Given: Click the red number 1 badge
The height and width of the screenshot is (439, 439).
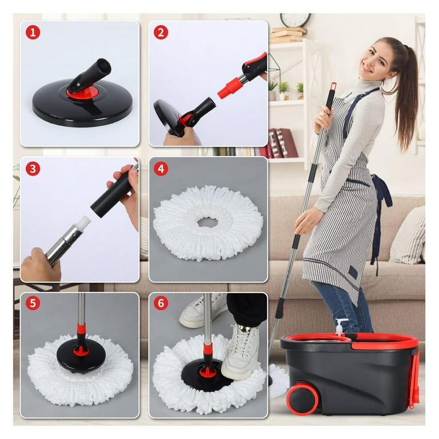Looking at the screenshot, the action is click(x=33, y=33).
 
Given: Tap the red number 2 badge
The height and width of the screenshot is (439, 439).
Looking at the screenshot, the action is click(x=161, y=33).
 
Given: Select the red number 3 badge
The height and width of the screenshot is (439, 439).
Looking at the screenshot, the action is click(x=33, y=169).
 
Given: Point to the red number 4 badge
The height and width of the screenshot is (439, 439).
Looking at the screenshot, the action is click(x=161, y=169).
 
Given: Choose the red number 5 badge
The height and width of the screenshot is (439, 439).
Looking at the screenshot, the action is click(x=33, y=303).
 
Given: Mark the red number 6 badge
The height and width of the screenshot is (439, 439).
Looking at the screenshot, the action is click(x=161, y=303).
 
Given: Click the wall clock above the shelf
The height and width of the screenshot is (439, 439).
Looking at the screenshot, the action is click(x=295, y=19).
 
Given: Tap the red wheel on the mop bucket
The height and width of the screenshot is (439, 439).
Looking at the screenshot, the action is click(x=302, y=397).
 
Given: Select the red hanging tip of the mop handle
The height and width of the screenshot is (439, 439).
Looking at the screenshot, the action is click(x=333, y=87).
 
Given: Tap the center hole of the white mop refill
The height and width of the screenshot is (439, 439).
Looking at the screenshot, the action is click(x=207, y=222).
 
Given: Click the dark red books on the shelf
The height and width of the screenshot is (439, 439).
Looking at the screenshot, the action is click(x=281, y=143).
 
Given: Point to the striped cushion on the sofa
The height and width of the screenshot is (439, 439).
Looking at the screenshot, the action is click(x=409, y=237).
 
